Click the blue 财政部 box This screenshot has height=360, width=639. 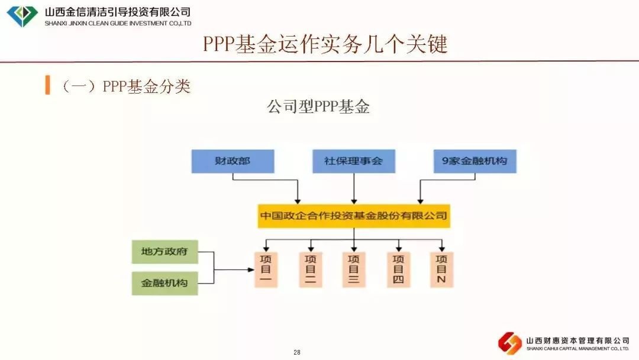[x=233, y=161]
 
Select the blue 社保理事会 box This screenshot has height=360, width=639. [x=353, y=161]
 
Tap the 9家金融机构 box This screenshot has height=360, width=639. [x=475, y=161]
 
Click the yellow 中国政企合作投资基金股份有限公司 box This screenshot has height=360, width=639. [x=354, y=216]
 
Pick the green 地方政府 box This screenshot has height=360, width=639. [x=164, y=252]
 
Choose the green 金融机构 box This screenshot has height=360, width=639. [x=164, y=283]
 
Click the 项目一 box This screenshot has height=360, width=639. [x=266, y=269]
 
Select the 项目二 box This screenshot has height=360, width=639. [x=310, y=269]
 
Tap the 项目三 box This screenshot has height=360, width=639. [x=354, y=269]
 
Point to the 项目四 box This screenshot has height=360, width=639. [x=398, y=269]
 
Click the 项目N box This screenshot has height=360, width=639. [x=441, y=269]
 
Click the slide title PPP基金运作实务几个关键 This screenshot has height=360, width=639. [x=325, y=44]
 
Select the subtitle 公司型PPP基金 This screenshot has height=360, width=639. [x=318, y=107]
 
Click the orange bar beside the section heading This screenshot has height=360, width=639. [x=47, y=85]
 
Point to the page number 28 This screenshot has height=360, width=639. [x=297, y=353]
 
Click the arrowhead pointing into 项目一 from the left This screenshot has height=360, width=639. [x=251, y=270]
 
